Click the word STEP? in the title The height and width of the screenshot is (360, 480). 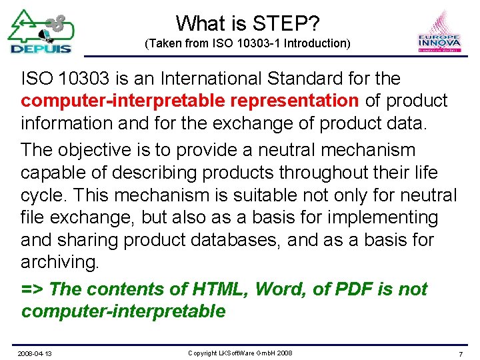point(286,24)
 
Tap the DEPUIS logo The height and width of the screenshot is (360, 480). point(41,31)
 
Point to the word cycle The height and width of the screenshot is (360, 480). point(43,195)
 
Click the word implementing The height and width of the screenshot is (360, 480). point(383,217)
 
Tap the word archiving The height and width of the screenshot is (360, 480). point(60,262)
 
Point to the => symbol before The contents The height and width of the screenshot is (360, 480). point(32,289)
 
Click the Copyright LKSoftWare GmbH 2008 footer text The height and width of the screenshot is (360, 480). point(240,352)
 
